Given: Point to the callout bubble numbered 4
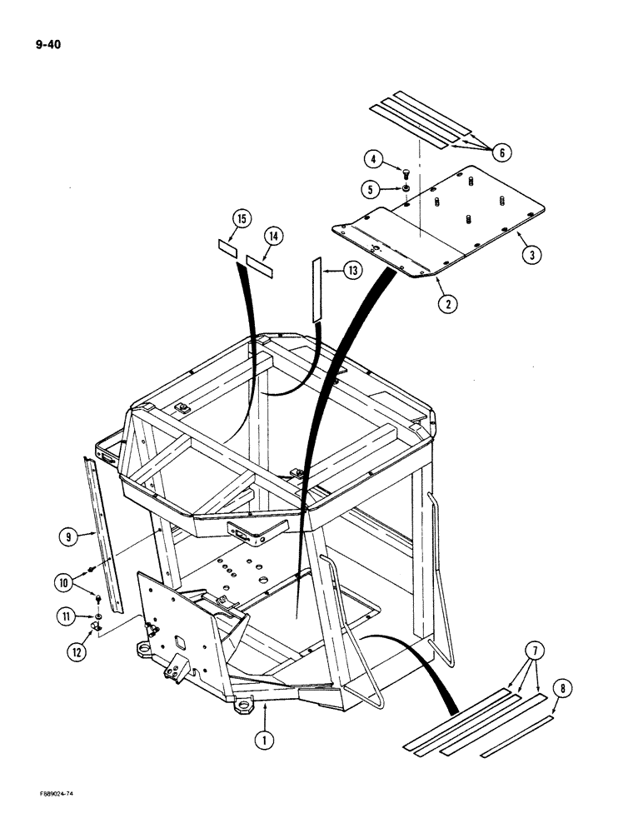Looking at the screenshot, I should pyautogui.click(x=376, y=158).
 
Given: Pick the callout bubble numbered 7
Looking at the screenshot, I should pyautogui.click(x=533, y=650).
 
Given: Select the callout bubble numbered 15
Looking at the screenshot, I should pyautogui.click(x=241, y=220).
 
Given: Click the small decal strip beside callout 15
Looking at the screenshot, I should pyautogui.click(x=227, y=247).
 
